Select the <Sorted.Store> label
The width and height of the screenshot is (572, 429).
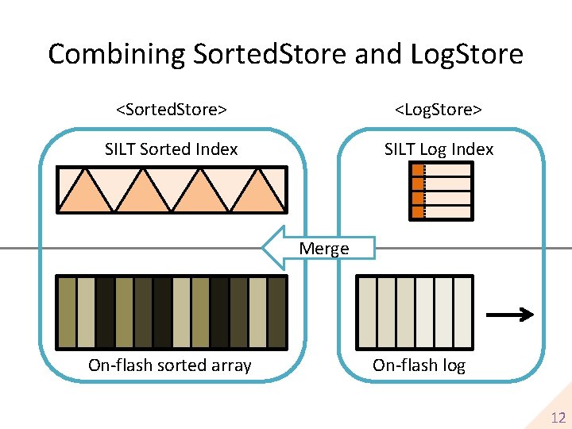172,108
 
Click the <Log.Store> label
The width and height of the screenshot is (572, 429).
439,108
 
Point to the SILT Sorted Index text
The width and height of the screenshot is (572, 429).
172,149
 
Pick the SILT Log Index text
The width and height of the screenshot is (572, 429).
439,149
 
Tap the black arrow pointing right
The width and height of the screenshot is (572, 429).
509,315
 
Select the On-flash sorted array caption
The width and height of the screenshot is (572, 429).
170,365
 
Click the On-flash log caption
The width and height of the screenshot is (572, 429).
419,365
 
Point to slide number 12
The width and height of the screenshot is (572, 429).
558,418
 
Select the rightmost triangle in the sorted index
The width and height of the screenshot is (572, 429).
261,195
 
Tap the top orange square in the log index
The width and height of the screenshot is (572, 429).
418,170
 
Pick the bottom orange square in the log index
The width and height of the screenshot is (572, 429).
418,212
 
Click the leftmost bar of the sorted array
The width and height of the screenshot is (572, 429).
67,313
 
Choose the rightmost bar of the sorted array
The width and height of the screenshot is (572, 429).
276,313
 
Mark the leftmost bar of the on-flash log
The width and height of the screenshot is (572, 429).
367,313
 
